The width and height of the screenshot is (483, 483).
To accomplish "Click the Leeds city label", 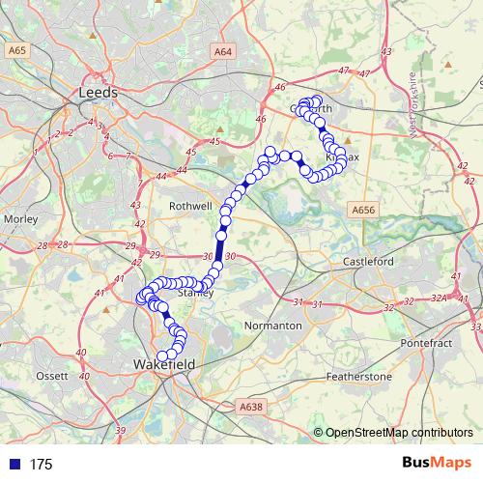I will pyautogui.click(x=98, y=93).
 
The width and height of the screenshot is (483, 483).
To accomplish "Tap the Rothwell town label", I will pyautogui.click(x=189, y=206).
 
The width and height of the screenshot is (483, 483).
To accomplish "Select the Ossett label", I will pyautogui.click(x=51, y=375).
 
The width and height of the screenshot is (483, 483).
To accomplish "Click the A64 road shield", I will pyautogui.click(x=223, y=51).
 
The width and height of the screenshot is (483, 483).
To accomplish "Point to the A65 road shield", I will pyautogui.click(x=15, y=48).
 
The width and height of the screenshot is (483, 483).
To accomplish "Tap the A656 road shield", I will pyautogui.click(x=363, y=210).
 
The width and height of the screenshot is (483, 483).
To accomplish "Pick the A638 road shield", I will pyautogui.click(x=250, y=407).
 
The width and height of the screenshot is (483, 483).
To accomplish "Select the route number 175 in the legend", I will pyautogui.click(x=41, y=465).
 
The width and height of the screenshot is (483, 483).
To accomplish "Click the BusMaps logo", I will pyautogui.click(x=437, y=464).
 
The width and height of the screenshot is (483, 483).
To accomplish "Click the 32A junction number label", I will pyautogui.click(x=439, y=299).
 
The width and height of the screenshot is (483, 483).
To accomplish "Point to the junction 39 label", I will pyautogui.click(x=120, y=430).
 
